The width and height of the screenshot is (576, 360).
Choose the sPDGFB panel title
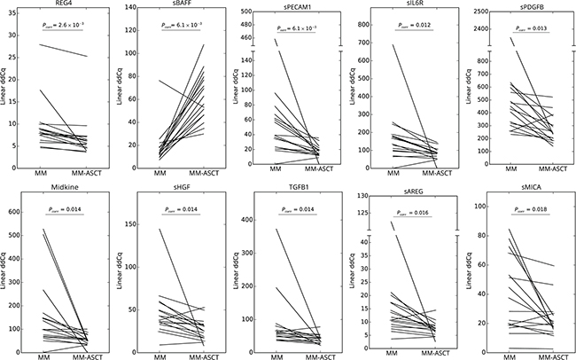click(x=519, y=4)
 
